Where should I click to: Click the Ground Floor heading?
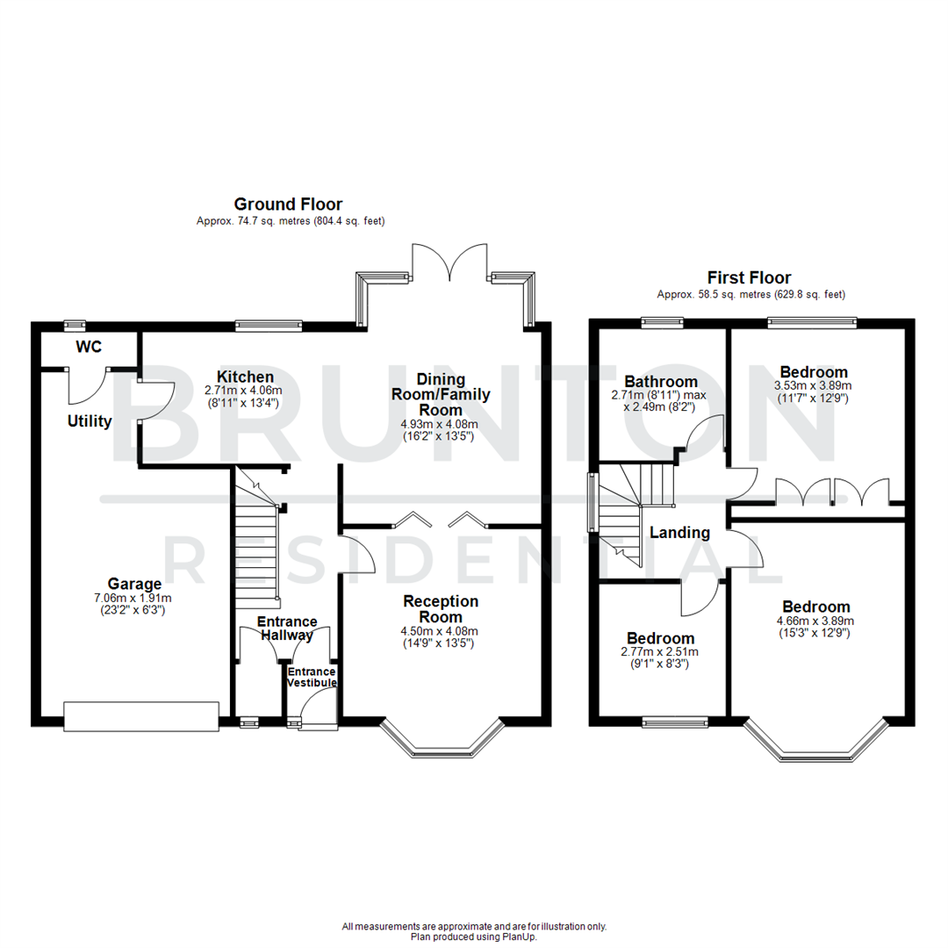(287, 205)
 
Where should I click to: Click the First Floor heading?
(750, 277)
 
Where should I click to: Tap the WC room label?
(89, 346)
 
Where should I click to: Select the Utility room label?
(90, 421)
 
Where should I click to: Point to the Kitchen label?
(227, 377)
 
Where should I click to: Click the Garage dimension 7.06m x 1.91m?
(135, 598)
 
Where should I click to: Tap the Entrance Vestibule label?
(312, 677)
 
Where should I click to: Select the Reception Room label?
(441, 608)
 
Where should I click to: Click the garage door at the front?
(140, 715)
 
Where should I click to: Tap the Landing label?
(679, 533)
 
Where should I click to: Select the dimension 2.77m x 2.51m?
(660, 653)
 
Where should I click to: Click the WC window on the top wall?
(75, 325)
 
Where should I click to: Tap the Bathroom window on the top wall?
(657, 322)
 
